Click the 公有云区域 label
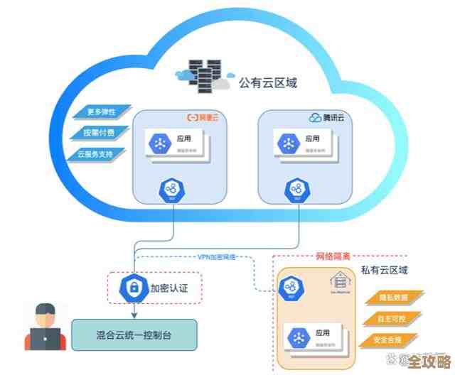(x=268, y=83)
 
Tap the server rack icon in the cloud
(x=204, y=74)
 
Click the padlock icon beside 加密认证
(x=133, y=288)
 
